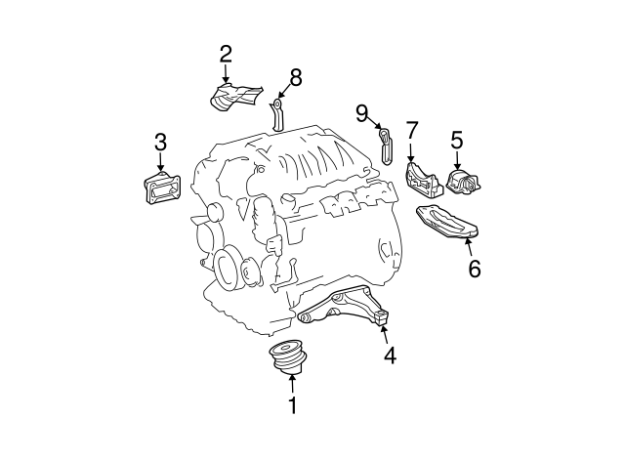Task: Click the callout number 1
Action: point(293,405)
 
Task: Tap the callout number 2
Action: point(226,55)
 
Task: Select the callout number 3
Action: point(160,143)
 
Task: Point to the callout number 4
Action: point(391,355)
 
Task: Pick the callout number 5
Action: point(457,140)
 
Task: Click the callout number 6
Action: point(475,269)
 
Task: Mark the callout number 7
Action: point(412,130)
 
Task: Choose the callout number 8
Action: point(296,77)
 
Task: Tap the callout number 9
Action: point(361,113)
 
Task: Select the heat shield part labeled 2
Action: point(235,97)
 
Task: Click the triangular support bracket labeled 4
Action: point(345,307)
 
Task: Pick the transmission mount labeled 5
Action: point(463,183)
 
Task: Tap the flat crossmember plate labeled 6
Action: point(447,223)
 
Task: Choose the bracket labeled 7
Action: point(424,182)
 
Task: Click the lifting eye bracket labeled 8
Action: point(277,115)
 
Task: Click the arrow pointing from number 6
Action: point(469,247)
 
